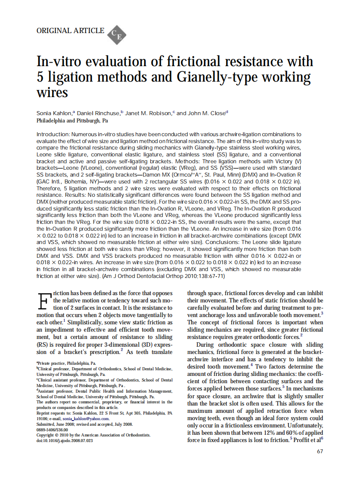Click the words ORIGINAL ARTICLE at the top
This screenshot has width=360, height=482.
point(70,31)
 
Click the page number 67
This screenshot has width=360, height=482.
point(320,451)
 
